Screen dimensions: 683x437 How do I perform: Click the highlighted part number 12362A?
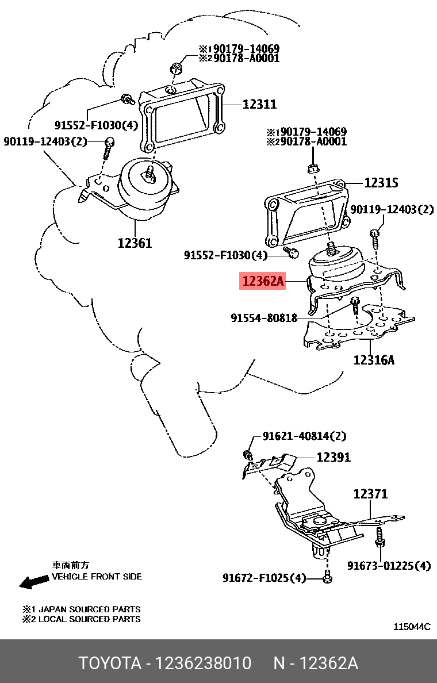(x=263, y=282)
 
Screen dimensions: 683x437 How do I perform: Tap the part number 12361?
(x=135, y=243)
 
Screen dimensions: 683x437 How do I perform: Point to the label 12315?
(x=381, y=183)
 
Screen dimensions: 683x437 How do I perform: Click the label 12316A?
(x=374, y=360)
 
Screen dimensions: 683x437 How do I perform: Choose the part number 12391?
(x=333, y=457)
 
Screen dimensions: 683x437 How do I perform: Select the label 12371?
(x=370, y=493)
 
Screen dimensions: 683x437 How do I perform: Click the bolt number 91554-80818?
(x=264, y=317)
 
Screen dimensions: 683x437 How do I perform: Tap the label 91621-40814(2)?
(x=305, y=436)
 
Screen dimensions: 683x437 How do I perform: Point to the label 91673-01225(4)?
(x=389, y=566)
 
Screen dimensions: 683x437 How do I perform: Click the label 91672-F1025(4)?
(x=264, y=578)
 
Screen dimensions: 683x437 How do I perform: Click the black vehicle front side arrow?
(x=33, y=582)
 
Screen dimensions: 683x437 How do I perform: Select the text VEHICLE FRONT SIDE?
(x=97, y=576)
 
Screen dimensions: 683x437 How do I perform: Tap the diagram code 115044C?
(x=412, y=627)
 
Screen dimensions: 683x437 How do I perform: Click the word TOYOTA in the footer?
(x=110, y=663)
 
